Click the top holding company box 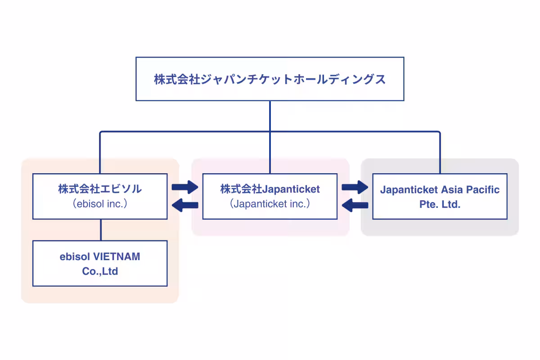(x=270, y=79)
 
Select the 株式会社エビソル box (x=100, y=196)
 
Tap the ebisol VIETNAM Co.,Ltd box (x=100, y=263)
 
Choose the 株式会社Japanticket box (x=270, y=196)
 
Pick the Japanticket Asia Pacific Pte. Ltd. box (x=440, y=196)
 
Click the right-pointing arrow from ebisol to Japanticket (x=185, y=187)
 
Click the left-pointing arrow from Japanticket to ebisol (x=185, y=206)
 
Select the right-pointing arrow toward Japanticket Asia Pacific (x=355, y=187)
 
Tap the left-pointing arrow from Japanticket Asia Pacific (x=355, y=206)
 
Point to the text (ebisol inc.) (x=100, y=204)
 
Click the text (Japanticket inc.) (x=270, y=204)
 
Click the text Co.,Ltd (x=100, y=271)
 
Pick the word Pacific (x=482, y=189)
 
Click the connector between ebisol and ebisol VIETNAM (x=100, y=229)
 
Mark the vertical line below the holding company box (x=270, y=116)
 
